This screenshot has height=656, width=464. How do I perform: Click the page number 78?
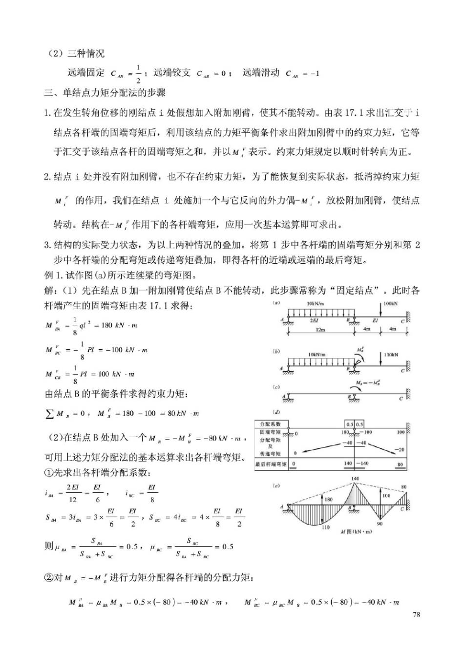pyautogui.click(x=416, y=614)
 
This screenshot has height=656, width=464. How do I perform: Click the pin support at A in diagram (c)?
pyautogui.click(x=288, y=397)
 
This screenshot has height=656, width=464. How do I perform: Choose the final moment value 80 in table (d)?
pyautogui.click(x=400, y=464)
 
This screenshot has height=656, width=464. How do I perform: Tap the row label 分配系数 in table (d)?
pyautogui.click(x=270, y=424)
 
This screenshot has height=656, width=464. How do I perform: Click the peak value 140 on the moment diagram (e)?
pyautogui.click(x=355, y=479)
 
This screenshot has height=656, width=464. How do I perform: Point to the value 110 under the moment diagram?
pyautogui.click(x=326, y=527)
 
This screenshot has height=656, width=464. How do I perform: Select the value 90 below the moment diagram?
pyautogui.click(x=380, y=524)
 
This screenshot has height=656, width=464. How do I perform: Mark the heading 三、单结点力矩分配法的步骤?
pyautogui.click(x=105, y=93)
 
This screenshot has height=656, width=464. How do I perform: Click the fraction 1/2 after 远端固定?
pyautogui.click(x=138, y=74)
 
